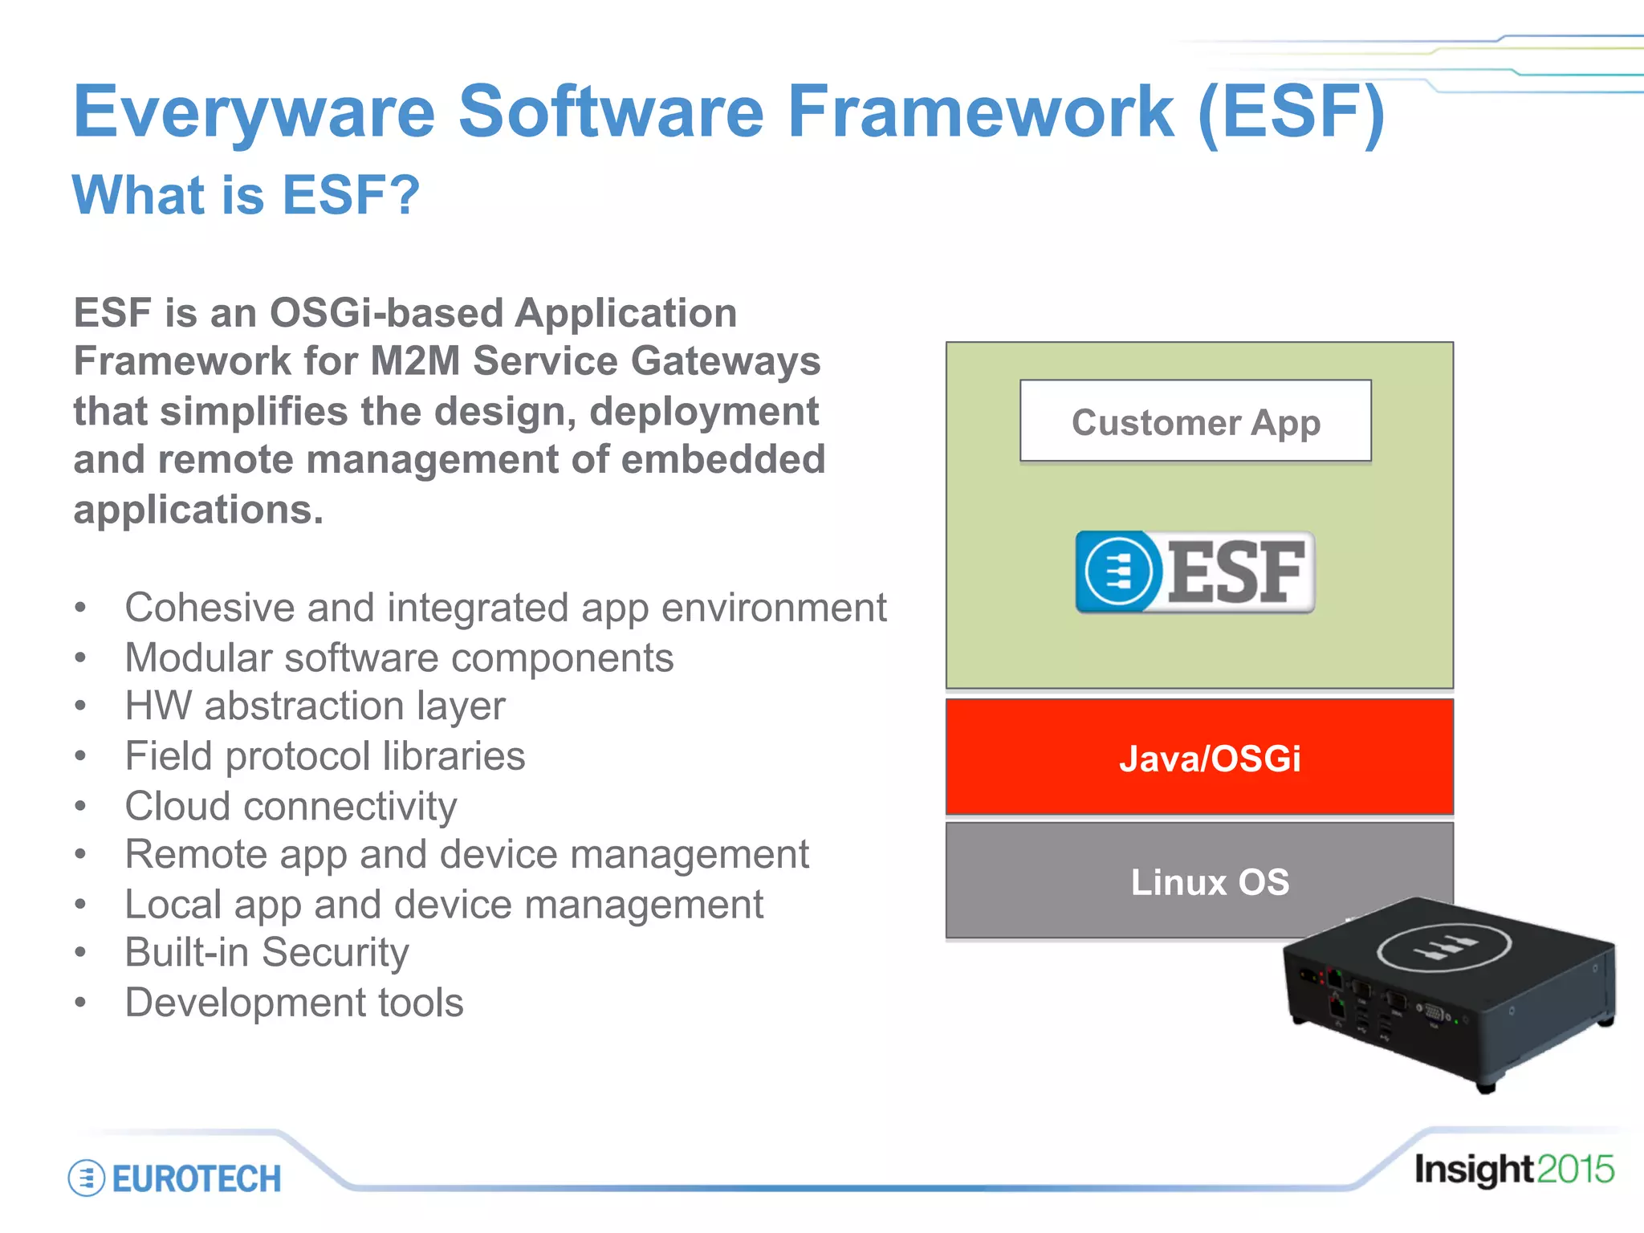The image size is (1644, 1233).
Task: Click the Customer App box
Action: point(1195,421)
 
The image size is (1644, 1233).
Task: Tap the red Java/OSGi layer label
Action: point(1209,759)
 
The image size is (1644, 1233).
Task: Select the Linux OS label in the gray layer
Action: point(1209,881)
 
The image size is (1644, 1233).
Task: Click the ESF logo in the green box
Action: point(1195,572)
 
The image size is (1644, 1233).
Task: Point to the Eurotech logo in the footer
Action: point(175,1178)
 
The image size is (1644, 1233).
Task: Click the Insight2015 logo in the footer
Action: point(1513,1170)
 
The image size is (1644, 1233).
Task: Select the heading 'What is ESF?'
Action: point(246,195)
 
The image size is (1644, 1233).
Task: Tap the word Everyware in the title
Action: point(254,112)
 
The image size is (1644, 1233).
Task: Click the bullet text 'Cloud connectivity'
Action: point(291,805)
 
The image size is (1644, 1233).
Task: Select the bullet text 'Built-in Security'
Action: point(267,953)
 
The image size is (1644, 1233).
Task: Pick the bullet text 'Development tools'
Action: point(294,1003)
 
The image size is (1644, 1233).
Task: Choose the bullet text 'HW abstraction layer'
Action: point(315,706)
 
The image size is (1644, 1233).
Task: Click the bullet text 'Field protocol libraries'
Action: point(324,756)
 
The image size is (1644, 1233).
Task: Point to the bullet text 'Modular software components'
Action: point(399,657)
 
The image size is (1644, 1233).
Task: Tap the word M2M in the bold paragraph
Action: point(414,360)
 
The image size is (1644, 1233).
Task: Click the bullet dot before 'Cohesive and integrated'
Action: point(79,608)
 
